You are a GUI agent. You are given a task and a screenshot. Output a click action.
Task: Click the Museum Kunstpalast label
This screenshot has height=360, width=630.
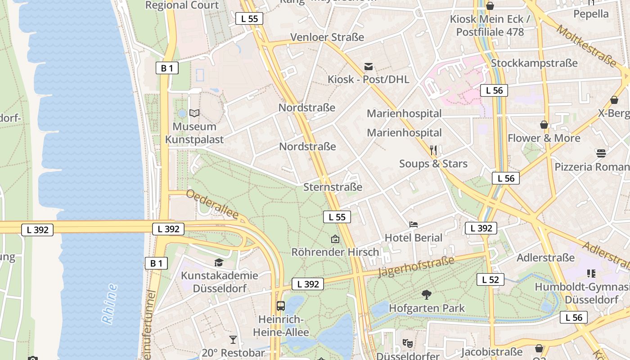(x=194, y=133)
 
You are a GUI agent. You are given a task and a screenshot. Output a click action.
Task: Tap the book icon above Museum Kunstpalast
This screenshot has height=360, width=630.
(x=194, y=113)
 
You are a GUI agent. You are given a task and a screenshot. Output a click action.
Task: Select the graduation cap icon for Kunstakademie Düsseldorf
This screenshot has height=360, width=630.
(x=219, y=262)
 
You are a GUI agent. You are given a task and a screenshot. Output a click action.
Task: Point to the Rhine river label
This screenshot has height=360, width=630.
(x=109, y=304)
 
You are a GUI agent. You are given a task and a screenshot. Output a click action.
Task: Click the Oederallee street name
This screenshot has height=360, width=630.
(x=211, y=204)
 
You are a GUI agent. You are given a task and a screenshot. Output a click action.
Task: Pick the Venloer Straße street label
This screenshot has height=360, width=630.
(x=327, y=37)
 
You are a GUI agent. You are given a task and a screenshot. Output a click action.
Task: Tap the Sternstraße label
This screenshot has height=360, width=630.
(x=333, y=187)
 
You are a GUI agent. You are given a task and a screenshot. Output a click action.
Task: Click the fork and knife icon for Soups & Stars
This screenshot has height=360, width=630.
(x=433, y=150)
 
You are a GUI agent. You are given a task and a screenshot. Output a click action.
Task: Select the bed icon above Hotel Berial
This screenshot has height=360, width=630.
(x=414, y=224)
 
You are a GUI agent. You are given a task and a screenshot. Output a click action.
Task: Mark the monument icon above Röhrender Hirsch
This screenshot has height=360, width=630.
(x=335, y=238)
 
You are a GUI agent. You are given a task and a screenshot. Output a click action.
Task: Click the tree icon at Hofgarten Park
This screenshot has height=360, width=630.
(x=426, y=295)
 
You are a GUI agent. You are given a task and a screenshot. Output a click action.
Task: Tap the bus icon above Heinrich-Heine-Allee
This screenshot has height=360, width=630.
(x=281, y=306)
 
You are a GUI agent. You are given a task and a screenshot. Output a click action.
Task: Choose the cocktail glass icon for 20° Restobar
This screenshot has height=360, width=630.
(x=233, y=340)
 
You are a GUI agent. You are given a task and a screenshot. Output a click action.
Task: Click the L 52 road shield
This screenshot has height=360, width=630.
(x=490, y=279)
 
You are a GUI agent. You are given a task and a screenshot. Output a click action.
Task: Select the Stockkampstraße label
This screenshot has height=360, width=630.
(x=534, y=63)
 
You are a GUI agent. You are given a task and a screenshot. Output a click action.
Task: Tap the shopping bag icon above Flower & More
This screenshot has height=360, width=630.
(x=544, y=125)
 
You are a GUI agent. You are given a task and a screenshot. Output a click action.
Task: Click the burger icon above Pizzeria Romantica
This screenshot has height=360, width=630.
(x=601, y=153)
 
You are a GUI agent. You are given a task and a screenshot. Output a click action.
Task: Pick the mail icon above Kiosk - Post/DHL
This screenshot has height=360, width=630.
(x=369, y=67)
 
